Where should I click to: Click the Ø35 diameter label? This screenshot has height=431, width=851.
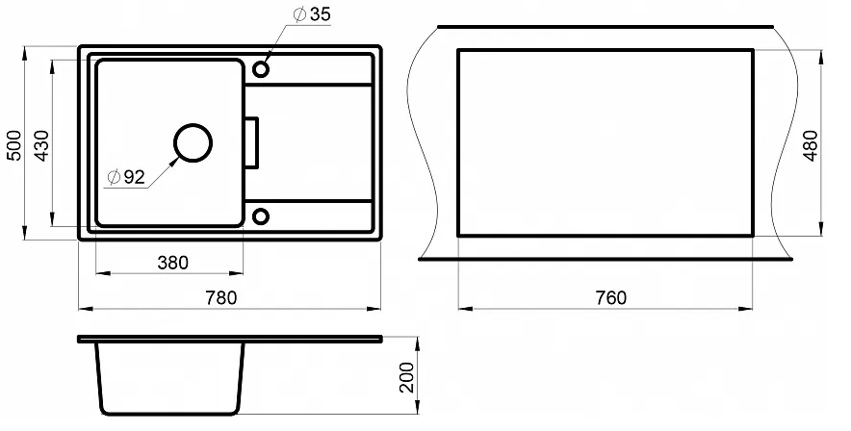[x=312, y=14]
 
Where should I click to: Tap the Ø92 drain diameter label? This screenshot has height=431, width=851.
[x=126, y=177]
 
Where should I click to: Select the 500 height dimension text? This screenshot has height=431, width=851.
[x=15, y=145]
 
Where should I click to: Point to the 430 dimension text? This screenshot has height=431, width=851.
[x=41, y=145]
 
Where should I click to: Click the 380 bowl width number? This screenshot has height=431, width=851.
[x=172, y=263]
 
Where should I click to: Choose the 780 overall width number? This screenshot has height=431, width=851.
[x=220, y=297]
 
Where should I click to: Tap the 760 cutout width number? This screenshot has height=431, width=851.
[x=611, y=297]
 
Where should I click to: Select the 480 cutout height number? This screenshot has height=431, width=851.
[x=811, y=145]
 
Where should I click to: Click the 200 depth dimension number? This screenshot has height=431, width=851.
[x=406, y=377]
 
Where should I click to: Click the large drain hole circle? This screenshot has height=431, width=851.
[x=193, y=125]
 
